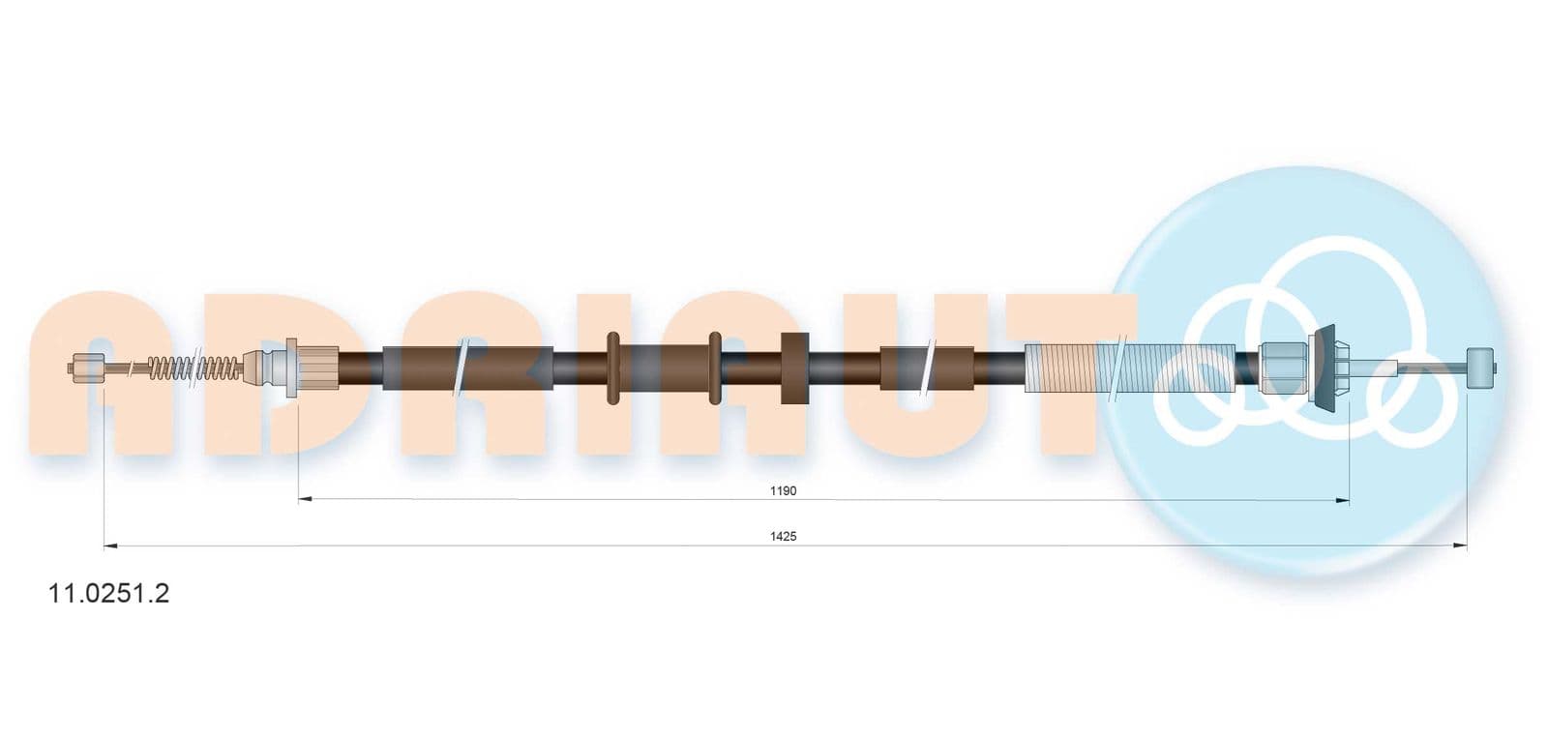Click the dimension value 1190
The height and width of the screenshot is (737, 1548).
783,491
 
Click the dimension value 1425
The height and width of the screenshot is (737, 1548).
783,537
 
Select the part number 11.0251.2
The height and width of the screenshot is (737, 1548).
108,593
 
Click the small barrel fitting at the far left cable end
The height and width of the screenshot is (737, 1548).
87,368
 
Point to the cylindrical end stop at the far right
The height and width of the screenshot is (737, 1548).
1481,368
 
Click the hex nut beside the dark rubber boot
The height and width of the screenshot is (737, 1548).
1283,368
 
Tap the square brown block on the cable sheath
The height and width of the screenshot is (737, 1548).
794,368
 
